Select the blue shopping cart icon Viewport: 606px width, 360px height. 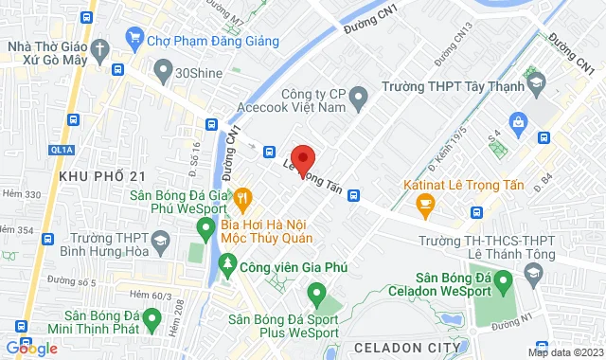[x=132, y=40]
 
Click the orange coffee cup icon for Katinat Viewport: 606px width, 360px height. [x=425, y=201]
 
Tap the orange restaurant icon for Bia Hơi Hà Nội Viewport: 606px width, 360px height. [x=243, y=197]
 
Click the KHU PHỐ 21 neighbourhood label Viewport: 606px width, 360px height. [x=101, y=176]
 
